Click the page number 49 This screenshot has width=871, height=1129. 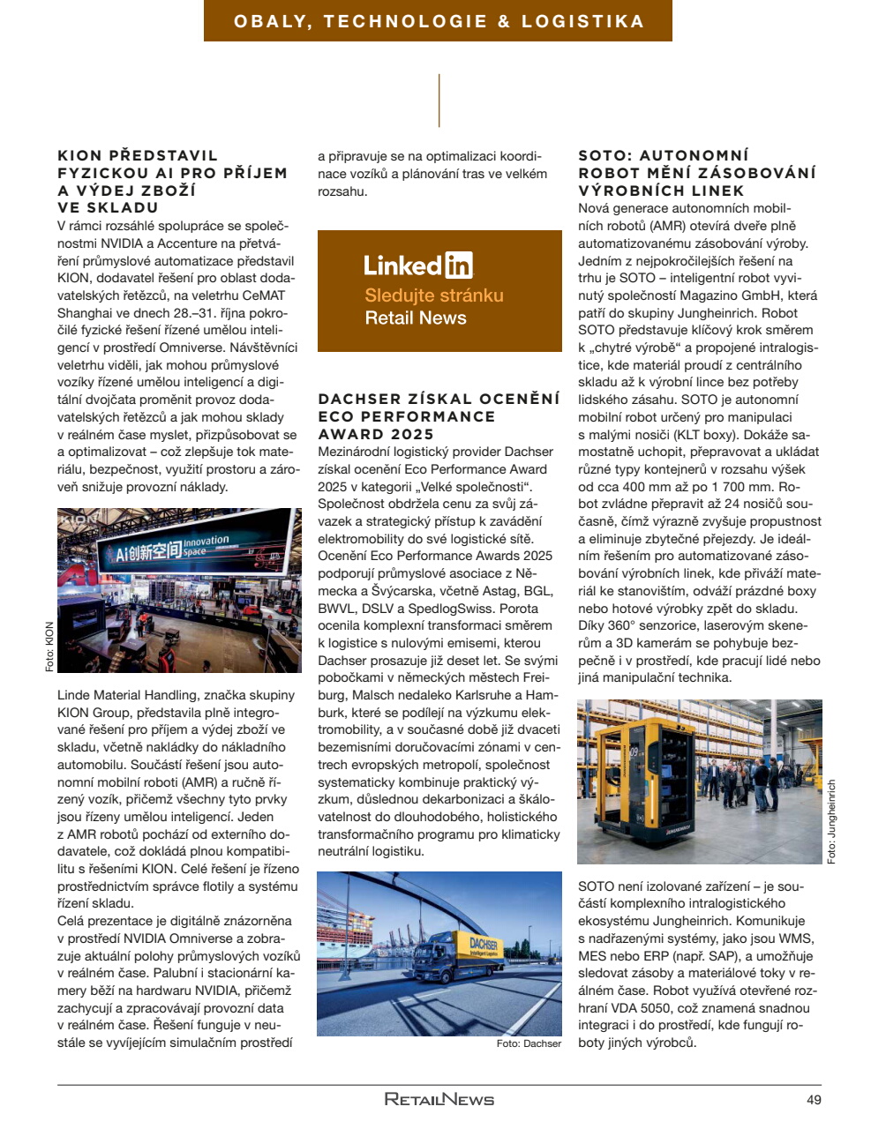(x=814, y=1100)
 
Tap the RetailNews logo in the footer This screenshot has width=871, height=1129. (x=439, y=1099)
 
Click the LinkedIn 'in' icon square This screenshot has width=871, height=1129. (x=459, y=265)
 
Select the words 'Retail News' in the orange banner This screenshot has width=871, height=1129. (x=416, y=318)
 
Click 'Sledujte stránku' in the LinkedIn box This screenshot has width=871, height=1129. (x=434, y=295)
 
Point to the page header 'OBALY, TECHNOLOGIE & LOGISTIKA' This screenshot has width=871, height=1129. (x=439, y=21)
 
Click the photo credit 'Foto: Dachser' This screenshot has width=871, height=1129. (x=529, y=1043)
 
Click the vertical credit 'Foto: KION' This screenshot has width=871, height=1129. (x=49, y=647)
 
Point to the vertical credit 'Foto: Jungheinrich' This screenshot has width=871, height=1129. (x=831, y=821)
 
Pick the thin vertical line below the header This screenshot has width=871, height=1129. (x=439, y=101)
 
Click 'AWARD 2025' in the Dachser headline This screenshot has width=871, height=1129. (x=376, y=434)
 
